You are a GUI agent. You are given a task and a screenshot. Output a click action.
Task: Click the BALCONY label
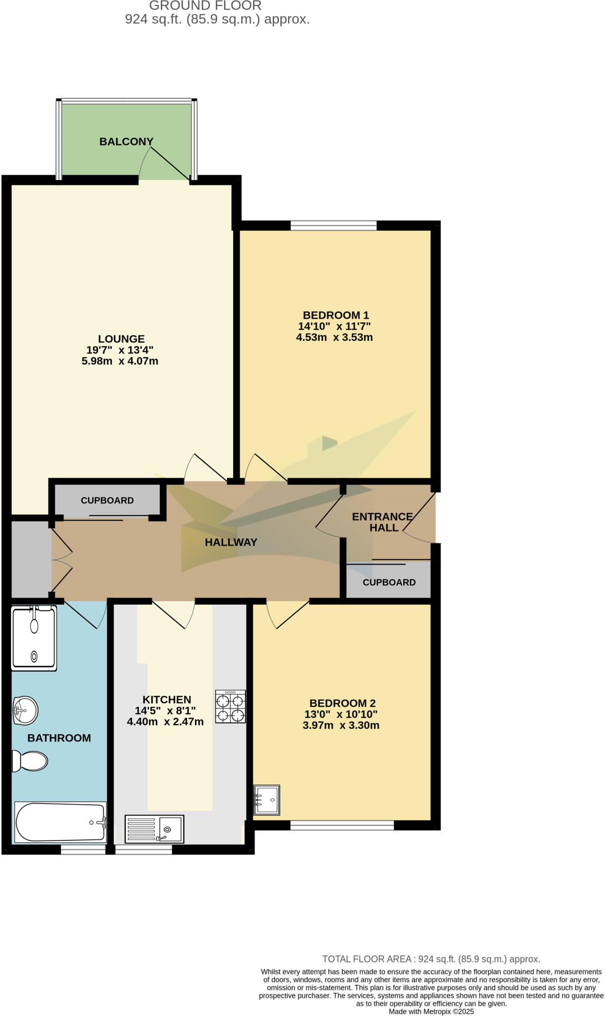pyautogui.click(x=126, y=142)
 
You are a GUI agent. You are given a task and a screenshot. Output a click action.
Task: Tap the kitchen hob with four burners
pyautogui.click(x=231, y=706)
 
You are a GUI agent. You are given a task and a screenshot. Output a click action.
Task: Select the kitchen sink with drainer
pyautogui.click(x=154, y=828)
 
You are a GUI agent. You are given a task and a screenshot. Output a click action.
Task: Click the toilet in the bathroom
pyautogui.click(x=30, y=761)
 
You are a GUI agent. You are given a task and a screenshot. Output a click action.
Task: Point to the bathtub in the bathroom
pyautogui.click(x=61, y=822)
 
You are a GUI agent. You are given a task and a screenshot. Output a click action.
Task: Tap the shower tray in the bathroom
pyautogui.click(x=34, y=638)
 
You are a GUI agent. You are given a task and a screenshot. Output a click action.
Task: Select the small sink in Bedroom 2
pyautogui.click(x=267, y=799)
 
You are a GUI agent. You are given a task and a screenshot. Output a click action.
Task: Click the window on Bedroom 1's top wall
pyautogui.click(x=333, y=226)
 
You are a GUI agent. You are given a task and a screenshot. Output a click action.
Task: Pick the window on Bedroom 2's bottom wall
pyautogui.click(x=342, y=825)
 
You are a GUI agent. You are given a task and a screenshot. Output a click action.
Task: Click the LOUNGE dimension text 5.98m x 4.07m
pyautogui.click(x=120, y=361)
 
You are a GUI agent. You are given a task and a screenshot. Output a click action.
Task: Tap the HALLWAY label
pyautogui.click(x=231, y=542)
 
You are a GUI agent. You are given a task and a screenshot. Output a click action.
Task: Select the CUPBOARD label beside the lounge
pyautogui.click(x=107, y=501)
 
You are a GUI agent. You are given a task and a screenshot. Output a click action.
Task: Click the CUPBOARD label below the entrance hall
pyautogui.click(x=389, y=582)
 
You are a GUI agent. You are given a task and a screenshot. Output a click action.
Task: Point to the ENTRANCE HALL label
pyautogui.click(x=382, y=522)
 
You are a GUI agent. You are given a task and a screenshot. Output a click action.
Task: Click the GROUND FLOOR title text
pyautogui.click(x=205, y=6)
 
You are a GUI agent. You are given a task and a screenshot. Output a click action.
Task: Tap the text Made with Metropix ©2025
pyautogui.click(x=431, y=1012)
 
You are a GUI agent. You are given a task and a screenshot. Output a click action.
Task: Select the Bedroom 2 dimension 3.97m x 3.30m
pyautogui.click(x=341, y=725)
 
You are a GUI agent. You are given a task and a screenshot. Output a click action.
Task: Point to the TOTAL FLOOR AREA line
pyautogui.click(x=431, y=959)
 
